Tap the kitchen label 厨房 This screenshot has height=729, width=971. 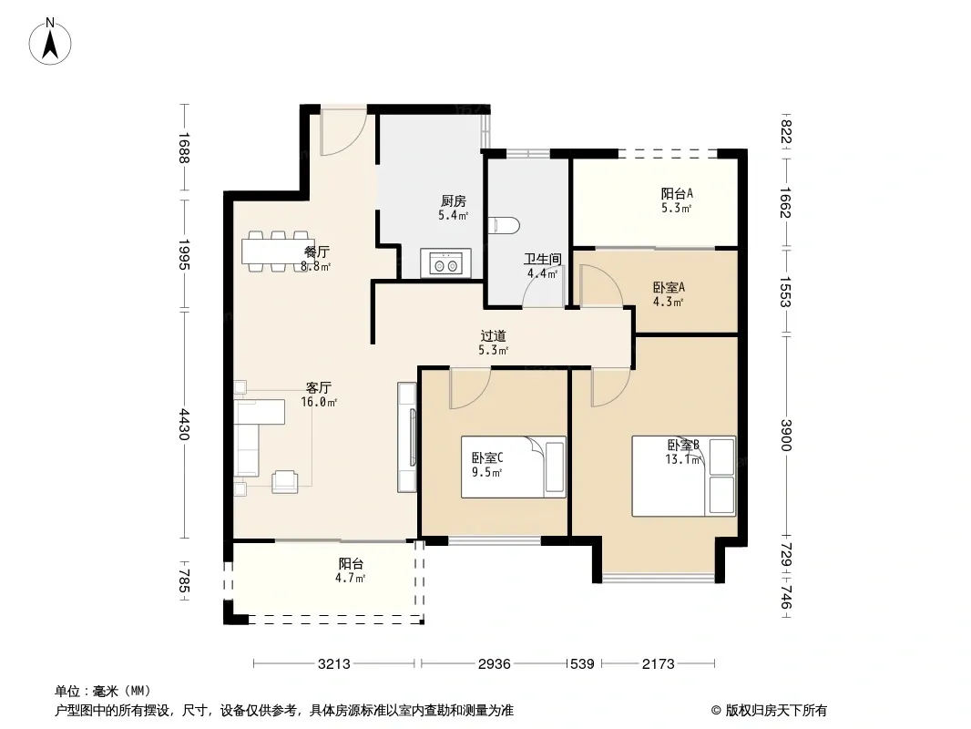453,201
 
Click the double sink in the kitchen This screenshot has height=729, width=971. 445,263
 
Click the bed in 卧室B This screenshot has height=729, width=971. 684,476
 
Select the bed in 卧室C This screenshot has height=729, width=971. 513,467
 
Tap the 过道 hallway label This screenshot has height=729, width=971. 493,335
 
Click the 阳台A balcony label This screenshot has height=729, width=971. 677,193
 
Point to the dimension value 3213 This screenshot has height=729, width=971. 334,664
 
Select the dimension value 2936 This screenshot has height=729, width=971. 495,664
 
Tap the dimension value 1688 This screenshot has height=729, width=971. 184,149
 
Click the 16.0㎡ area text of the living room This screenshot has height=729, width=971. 319,402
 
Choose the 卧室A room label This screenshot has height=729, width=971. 668,287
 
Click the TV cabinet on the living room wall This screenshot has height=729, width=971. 407,437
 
